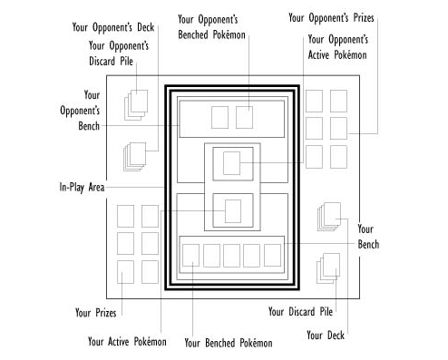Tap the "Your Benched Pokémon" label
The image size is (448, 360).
pos(228,343)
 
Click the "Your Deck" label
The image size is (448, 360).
pos(327,335)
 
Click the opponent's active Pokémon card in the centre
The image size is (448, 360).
pos(231,165)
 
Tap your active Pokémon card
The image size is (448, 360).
pos(231,210)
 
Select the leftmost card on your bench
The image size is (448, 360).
pos(190,255)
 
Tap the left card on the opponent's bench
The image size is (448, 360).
pos(219,117)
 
